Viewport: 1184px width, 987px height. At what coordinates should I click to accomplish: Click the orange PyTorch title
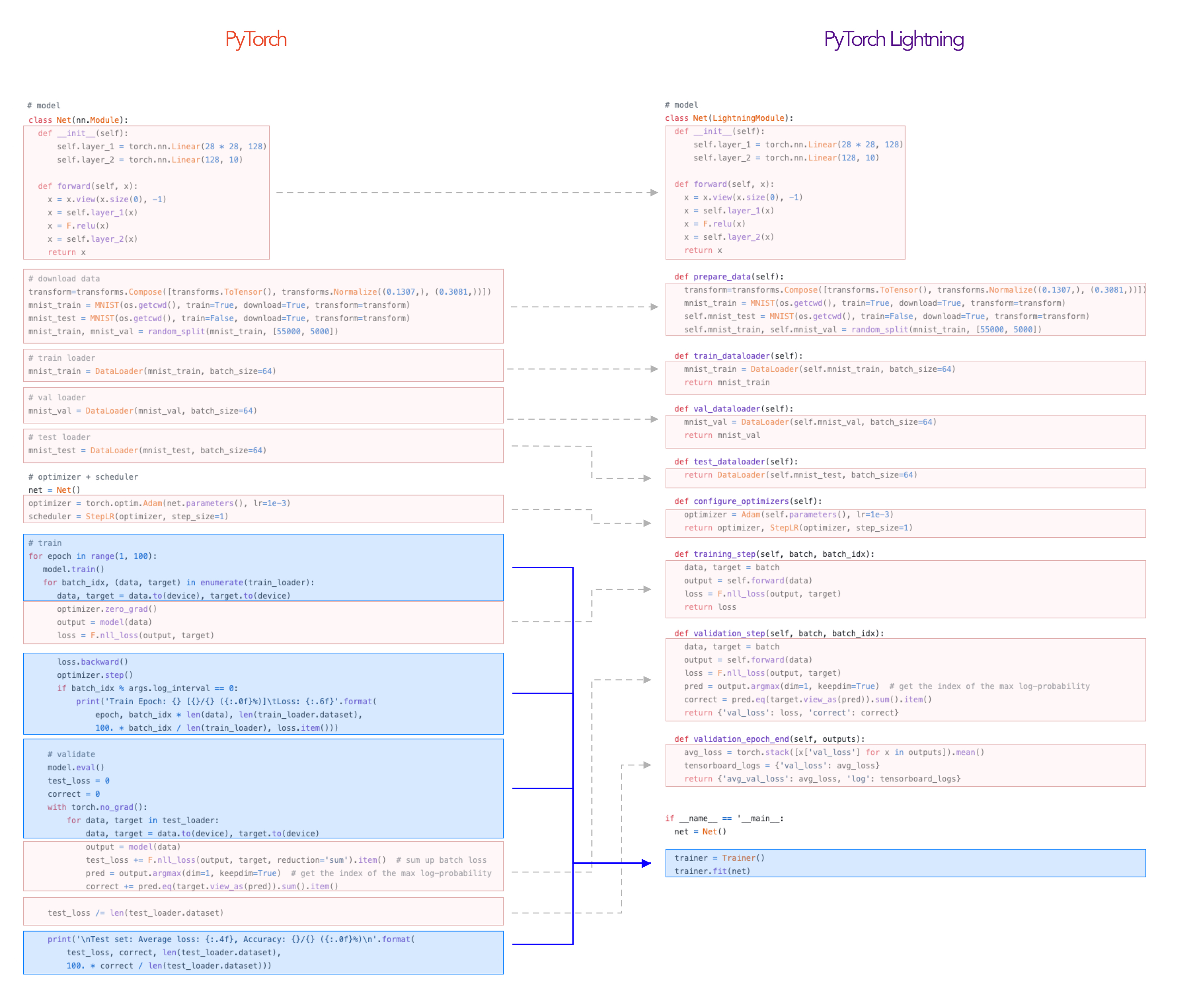[256, 39]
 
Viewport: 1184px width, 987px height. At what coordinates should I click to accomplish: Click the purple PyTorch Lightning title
[894, 39]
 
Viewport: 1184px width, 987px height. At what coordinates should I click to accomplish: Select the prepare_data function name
[722, 277]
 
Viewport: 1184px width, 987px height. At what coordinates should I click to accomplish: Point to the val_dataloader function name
[727, 409]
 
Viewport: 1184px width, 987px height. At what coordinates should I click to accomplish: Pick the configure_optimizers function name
[741, 501]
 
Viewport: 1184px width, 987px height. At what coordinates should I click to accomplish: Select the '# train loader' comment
[61, 358]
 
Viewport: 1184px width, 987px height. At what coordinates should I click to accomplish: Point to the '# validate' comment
[71, 754]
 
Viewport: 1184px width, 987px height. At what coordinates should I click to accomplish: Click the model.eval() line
[75, 768]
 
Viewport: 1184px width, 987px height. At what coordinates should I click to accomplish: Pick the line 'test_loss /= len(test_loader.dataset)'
[135, 913]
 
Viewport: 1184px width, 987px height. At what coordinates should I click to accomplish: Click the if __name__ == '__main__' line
[724, 818]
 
